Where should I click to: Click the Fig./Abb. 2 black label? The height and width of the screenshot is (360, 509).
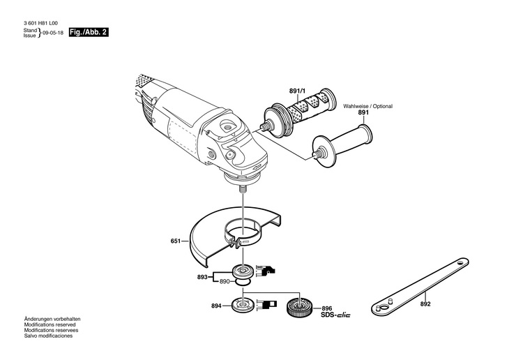pos(91,32)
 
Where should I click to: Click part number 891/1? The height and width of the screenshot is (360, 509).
pos(298,91)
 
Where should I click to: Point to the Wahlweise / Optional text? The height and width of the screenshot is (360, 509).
pos(367,106)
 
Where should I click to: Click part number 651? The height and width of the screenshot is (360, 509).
pos(175,241)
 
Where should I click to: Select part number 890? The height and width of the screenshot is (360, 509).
pos(225,281)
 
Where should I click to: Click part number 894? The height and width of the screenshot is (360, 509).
pos(217,306)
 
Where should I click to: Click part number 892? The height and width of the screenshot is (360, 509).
pos(425,305)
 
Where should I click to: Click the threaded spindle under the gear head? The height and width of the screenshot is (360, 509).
pos(242,187)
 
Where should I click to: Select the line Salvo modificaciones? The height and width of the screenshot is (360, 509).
pos(48,336)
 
